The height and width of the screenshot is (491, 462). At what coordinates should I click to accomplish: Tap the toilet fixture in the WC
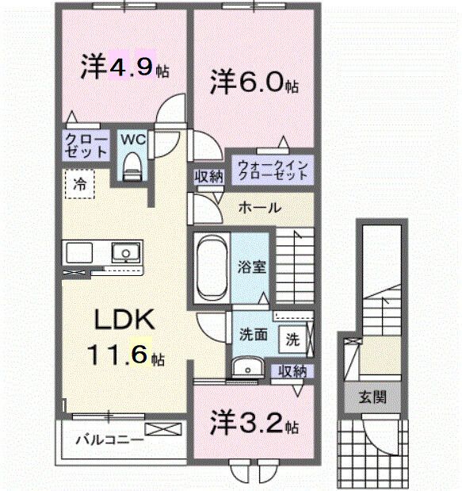[132, 167]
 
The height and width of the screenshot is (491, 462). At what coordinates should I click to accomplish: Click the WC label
[132, 139]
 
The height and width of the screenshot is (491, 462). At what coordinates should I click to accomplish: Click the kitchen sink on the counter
[124, 254]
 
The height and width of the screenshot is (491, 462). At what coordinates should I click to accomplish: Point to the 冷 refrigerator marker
[80, 183]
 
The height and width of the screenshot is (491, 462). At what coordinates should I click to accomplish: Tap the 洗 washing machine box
[292, 339]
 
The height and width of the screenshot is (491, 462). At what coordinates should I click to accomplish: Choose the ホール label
[259, 208]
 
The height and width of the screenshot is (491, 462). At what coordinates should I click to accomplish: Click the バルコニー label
[109, 438]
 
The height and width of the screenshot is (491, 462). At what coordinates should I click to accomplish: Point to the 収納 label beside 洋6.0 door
[208, 177]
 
